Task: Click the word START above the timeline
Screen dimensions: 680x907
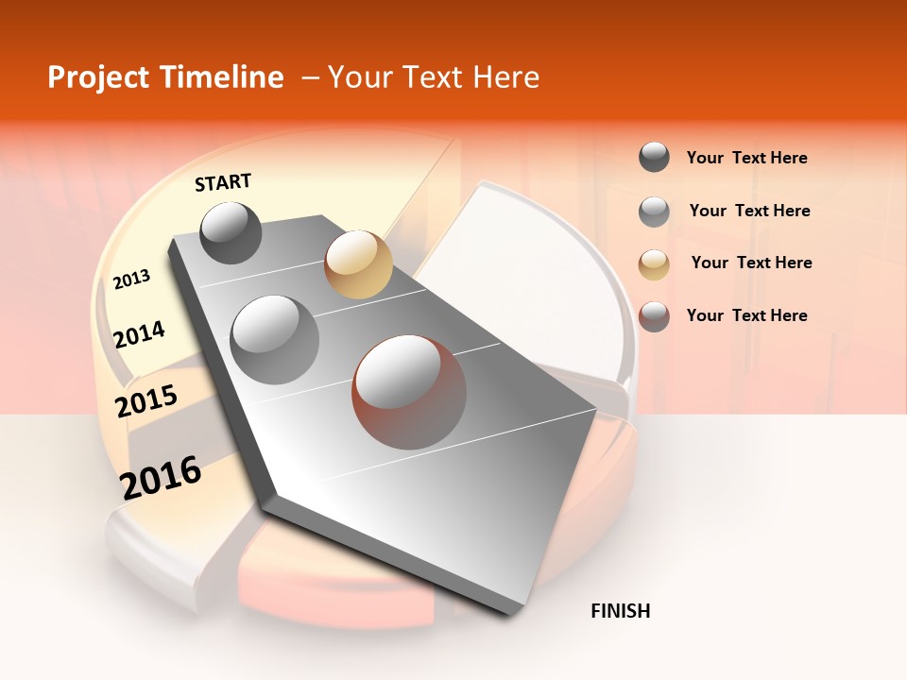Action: tap(223, 182)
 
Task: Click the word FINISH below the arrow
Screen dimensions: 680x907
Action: tap(620, 611)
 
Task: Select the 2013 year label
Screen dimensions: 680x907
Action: tap(131, 280)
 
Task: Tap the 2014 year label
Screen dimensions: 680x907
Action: tap(139, 335)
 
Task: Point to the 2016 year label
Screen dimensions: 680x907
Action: tap(160, 478)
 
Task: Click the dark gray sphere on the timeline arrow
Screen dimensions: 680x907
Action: tap(231, 233)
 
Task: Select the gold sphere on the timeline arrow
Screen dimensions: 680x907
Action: tap(357, 264)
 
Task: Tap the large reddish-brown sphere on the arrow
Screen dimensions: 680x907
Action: tap(409, 392)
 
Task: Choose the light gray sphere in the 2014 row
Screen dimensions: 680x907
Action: tap(274, 339)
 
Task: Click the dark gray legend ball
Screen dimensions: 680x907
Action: tap(654, 158)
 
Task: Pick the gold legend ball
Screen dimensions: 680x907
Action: tap(654, 264)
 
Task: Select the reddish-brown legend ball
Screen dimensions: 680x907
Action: tap(654, 316)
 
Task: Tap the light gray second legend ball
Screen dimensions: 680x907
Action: tap(654, 212)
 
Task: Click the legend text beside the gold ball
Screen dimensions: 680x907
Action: tap(751, 263)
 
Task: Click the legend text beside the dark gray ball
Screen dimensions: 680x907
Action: tap(746, 158)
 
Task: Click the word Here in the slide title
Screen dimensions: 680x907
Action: tap(505, 77)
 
